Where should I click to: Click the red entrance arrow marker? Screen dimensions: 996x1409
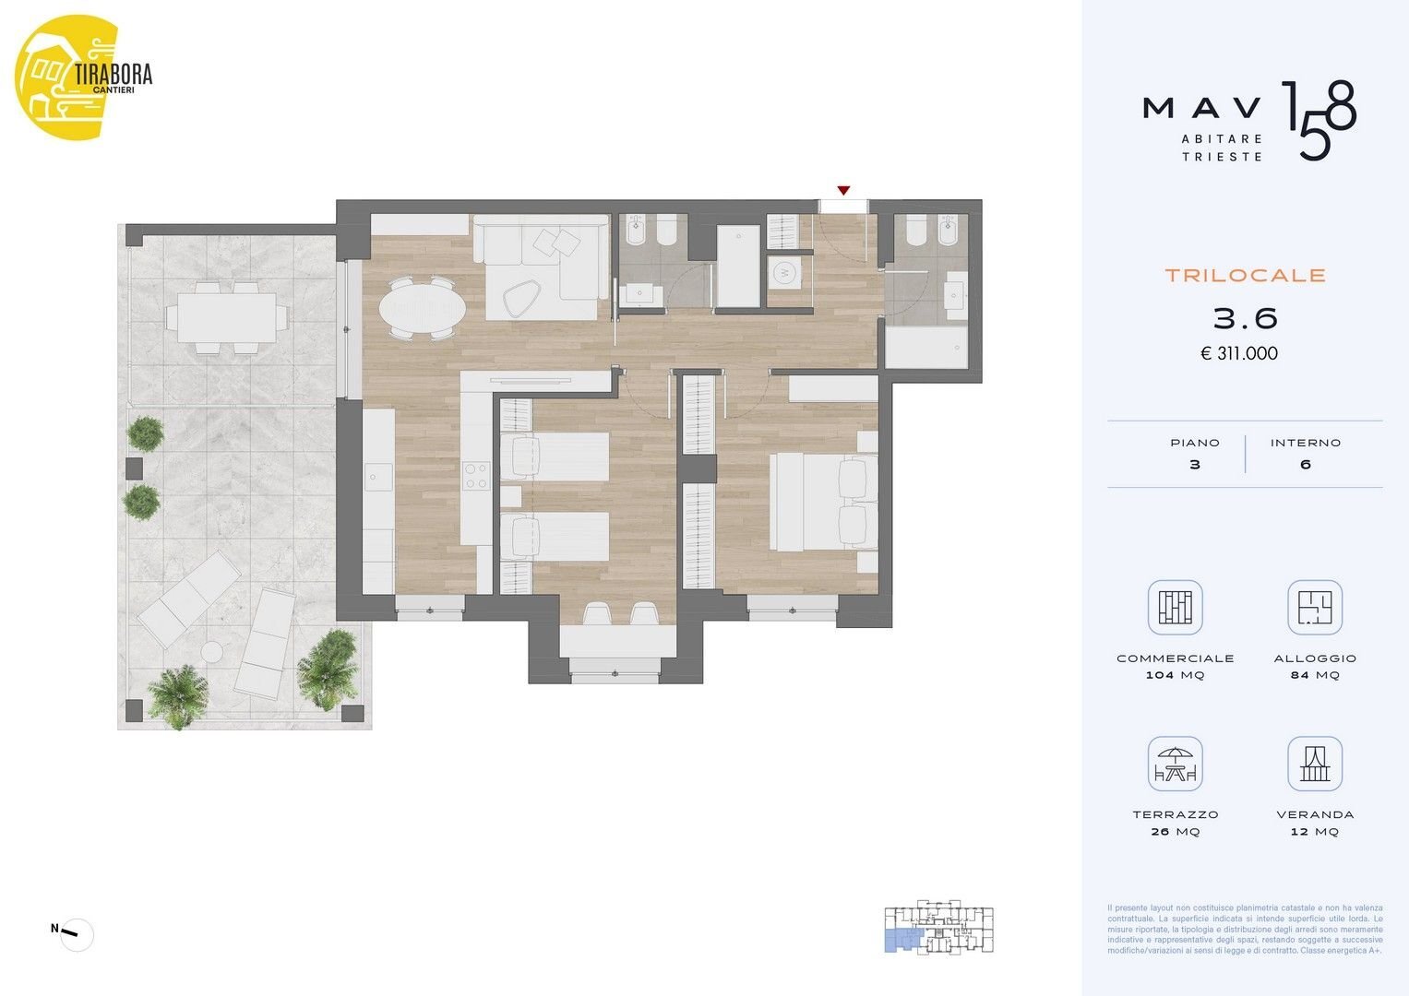point(842,191)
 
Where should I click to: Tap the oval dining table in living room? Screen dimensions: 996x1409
point(422,308)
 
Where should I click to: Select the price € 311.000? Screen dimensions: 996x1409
point(1238,353)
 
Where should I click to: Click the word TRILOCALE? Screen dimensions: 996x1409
point(1244,275)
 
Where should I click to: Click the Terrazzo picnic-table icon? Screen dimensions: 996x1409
point(1175,765)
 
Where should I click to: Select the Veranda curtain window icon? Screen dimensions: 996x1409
point(1314,765)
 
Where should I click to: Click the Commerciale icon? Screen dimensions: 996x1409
point(1175,608)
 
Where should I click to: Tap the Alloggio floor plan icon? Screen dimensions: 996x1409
point(1314,608)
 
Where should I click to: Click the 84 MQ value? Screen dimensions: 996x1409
point(1314,675)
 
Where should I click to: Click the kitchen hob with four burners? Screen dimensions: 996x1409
point(476,476)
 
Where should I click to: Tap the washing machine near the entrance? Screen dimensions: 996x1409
point(784,272)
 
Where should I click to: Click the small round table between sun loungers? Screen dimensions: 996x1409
point(213,652)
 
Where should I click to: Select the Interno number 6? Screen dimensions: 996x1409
point(1305,464)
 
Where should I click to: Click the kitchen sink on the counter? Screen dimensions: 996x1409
point(378,476)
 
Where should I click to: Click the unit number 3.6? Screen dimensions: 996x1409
point(1244,318)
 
